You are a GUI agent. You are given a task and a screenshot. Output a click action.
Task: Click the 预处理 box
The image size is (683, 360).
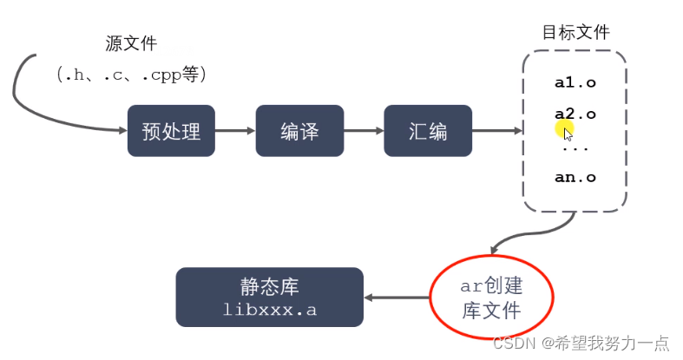click(x=171, y=131)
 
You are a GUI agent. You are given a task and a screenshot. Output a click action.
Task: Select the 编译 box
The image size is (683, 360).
click(x=299, y=131)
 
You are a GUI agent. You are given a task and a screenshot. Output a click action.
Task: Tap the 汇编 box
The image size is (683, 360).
click(x=428, y=131)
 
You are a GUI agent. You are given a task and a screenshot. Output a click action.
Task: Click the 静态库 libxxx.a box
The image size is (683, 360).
click(x=268, y=298)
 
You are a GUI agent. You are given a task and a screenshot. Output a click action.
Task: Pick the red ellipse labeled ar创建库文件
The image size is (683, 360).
click(x=491, y=297)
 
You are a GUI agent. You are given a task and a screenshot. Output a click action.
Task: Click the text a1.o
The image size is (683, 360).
click(x=575, y=84)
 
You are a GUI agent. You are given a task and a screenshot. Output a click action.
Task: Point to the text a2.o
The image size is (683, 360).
click(x=575, y=114)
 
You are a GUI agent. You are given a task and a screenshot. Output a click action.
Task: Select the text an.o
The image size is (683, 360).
click(x=575, y=178)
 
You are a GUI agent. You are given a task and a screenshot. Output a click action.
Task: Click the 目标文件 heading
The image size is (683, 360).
click(x=575, y=32)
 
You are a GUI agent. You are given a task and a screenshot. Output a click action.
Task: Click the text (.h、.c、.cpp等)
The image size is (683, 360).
click(x=131, y=75)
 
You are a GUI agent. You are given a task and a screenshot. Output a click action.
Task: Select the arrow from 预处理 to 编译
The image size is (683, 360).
click(x=234, y=131)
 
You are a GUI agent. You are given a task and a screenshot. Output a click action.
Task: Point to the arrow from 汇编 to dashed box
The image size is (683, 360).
click(x=496, y=131)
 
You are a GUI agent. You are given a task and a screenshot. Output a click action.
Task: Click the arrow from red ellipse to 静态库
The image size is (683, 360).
click(x=396, y=298)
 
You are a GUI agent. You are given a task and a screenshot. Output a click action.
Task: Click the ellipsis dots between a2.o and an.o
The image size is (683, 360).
click(x=575, y=147)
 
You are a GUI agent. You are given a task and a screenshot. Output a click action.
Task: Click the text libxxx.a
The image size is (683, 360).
click(x=268, y=310)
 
